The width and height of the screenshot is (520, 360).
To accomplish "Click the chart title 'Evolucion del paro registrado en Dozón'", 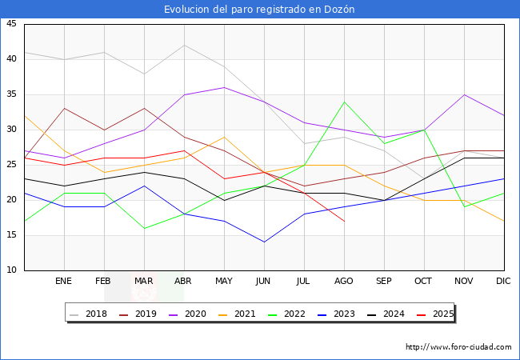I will [x=259, y=10].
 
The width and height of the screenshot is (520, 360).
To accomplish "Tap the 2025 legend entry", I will [x=432, y=314].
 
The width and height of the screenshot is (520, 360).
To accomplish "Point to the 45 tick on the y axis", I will [x=11, y=24].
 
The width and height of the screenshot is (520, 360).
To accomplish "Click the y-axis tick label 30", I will [x=11, y=130].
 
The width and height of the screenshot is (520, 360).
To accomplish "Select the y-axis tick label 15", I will [x=11, y=235].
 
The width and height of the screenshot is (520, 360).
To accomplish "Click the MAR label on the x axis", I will [x=144, y=282].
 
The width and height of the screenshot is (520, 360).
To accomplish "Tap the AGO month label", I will [x=344, y=282].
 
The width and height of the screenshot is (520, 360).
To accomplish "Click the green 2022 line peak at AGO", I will [x=344, y=102].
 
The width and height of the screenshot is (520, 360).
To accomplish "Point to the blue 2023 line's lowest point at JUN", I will [x=264, y=242].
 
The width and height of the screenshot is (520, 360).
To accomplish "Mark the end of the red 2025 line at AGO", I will [x=344, y=221].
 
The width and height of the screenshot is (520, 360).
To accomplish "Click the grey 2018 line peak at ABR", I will [x=184, y=45].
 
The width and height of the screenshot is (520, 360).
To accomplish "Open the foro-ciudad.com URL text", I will [x=458, y=347].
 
